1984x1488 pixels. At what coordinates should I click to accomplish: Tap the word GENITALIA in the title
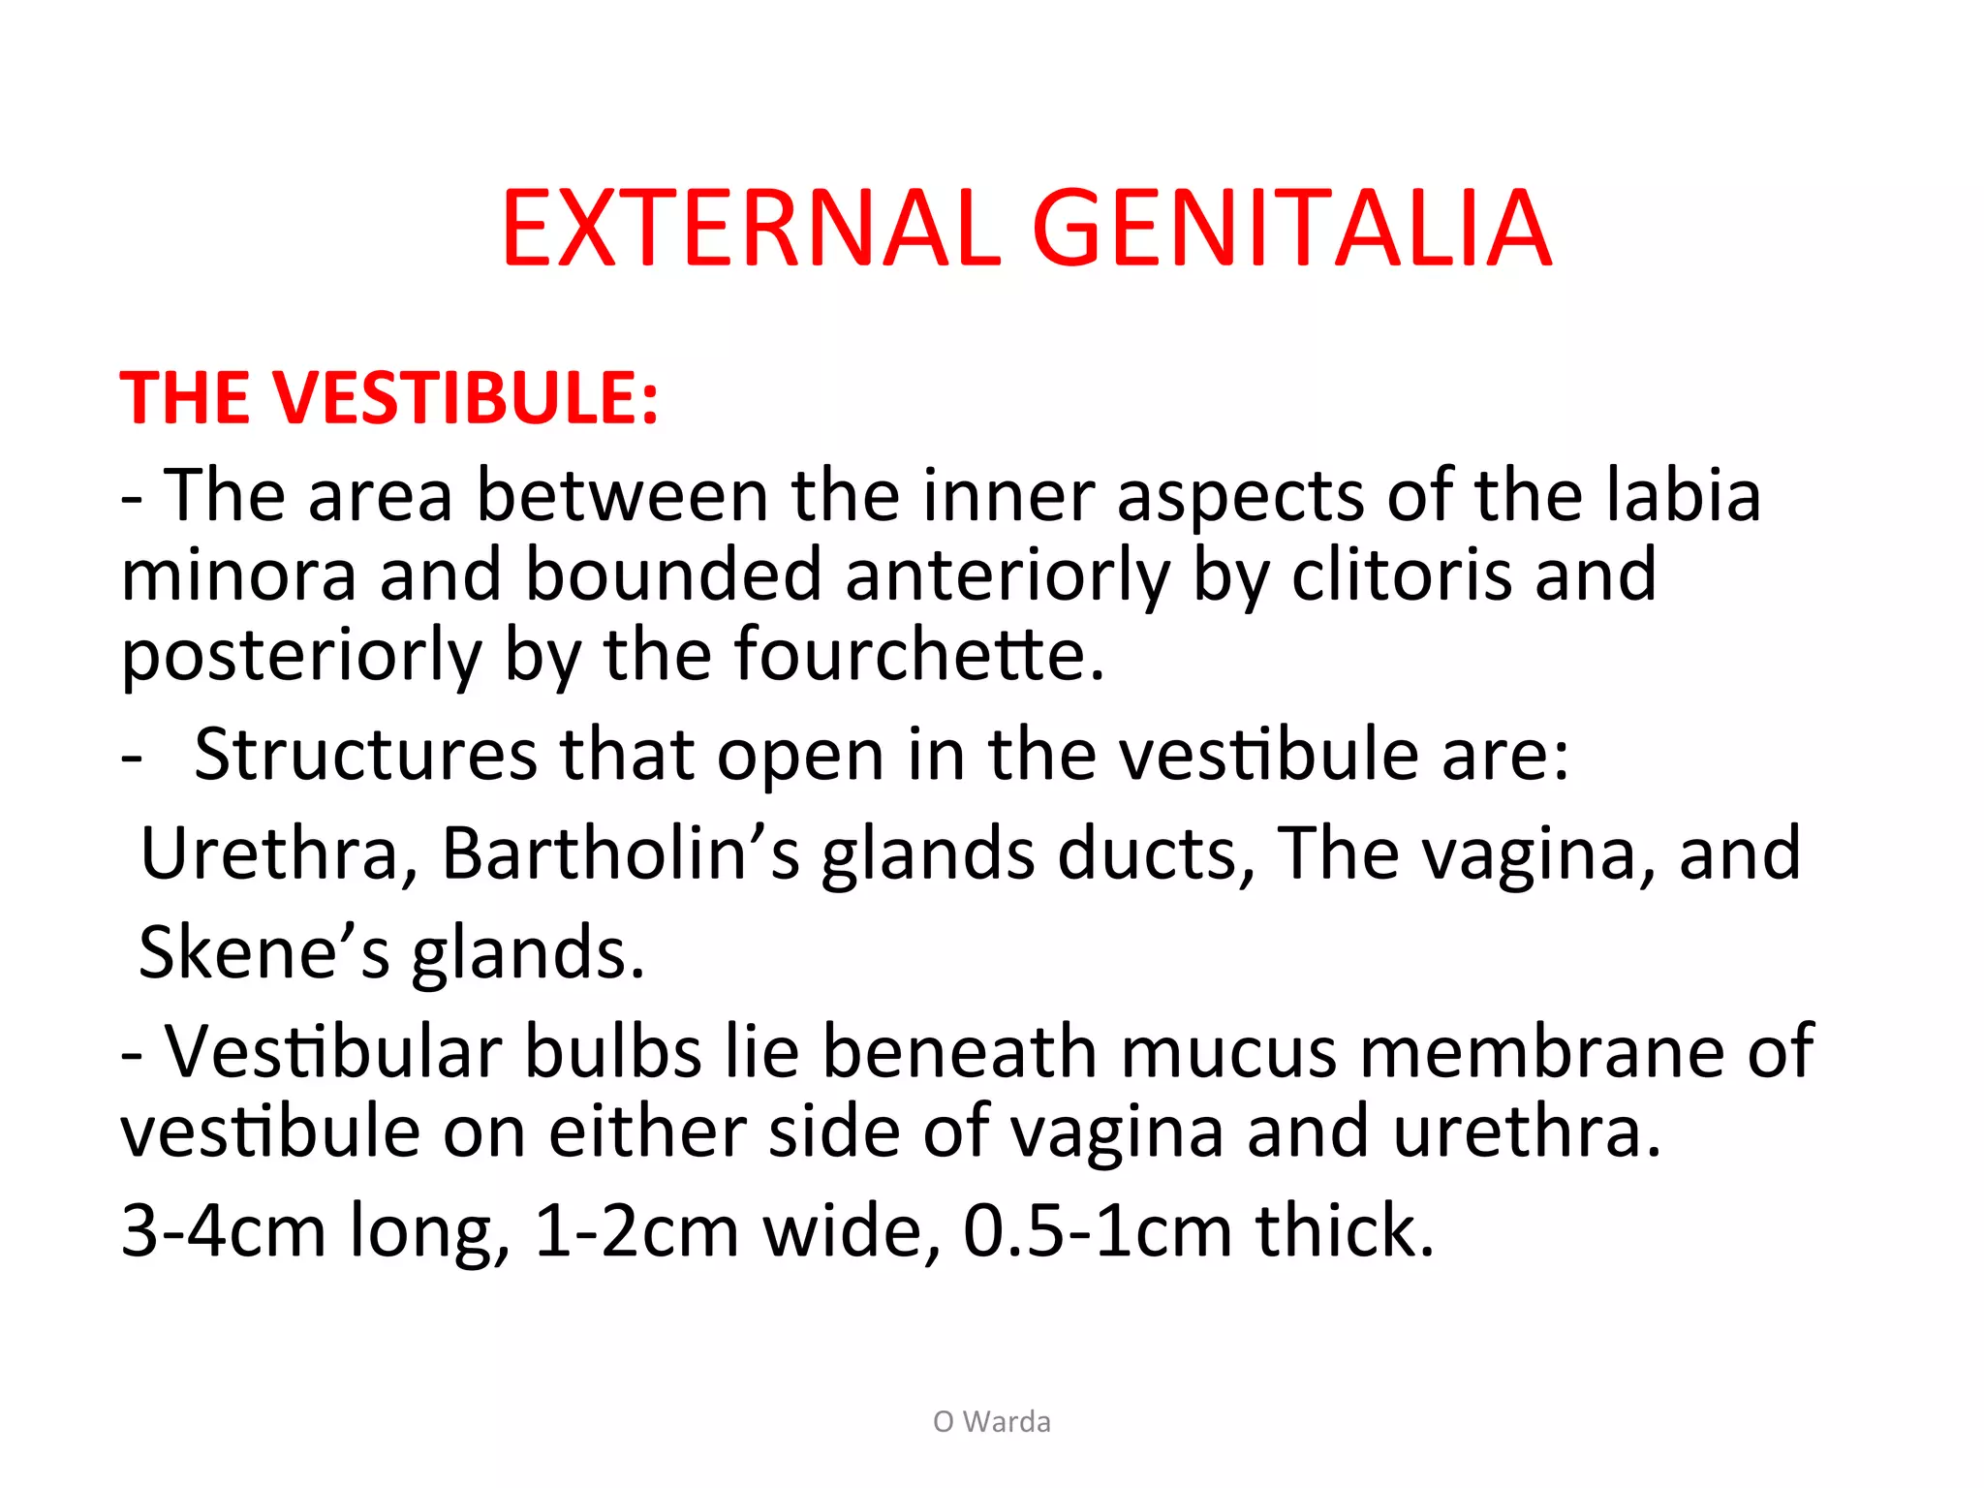1292,230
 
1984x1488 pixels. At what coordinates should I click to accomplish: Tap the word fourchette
917,655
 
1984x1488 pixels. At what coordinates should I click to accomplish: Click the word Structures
365,755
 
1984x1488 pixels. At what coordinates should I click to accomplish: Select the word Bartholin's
621,853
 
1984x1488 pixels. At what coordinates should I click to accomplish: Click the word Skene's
264,953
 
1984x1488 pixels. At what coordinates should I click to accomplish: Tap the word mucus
1229,1052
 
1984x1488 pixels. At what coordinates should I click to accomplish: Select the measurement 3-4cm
223,1231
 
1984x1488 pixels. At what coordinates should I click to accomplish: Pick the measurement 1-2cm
636,1231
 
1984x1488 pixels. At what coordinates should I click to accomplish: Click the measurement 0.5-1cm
1098,1231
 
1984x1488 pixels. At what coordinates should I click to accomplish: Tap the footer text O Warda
992,1421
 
